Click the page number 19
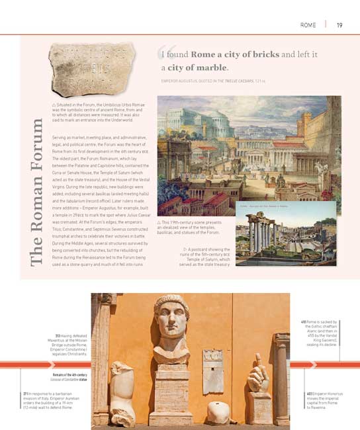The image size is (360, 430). pos(339,25)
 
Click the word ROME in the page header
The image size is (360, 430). pos(308,25)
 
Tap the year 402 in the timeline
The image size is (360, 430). pos(309,394)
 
